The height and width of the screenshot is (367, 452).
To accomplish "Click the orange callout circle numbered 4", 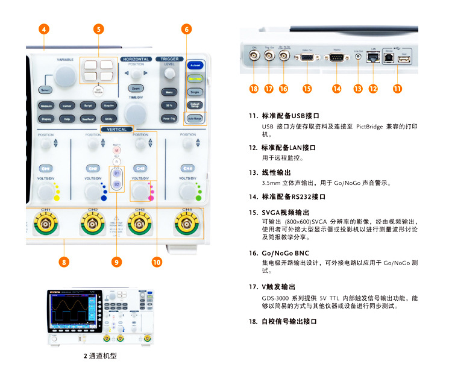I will [x=44, y=29].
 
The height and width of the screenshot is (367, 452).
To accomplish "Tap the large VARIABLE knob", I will [x=63, y=76].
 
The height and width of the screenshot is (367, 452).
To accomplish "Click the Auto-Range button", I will [x=195, y=119].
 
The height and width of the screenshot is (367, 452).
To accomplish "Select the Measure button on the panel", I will [x=46, y=105].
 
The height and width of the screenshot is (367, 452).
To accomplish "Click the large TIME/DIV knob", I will [x=135, y=113].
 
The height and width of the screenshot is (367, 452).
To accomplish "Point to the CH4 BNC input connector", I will [x=187, y=226].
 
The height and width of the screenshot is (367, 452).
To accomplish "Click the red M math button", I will [x=116, y=151].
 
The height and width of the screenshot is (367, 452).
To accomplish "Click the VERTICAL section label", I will [x=117, y=130].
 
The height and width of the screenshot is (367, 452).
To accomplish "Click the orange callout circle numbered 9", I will [x=117, y=262].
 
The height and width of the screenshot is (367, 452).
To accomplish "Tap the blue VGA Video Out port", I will [x=307, y=58].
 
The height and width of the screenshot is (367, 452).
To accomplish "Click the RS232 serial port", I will [x=336, y=58].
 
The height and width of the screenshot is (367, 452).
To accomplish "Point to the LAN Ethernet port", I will [x=374, y=58].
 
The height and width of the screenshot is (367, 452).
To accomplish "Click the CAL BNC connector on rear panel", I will [x=254, y=57].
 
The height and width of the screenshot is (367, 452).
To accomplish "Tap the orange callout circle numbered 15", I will [x=307, y=89].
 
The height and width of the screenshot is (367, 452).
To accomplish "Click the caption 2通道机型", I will [x=100, y=356].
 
